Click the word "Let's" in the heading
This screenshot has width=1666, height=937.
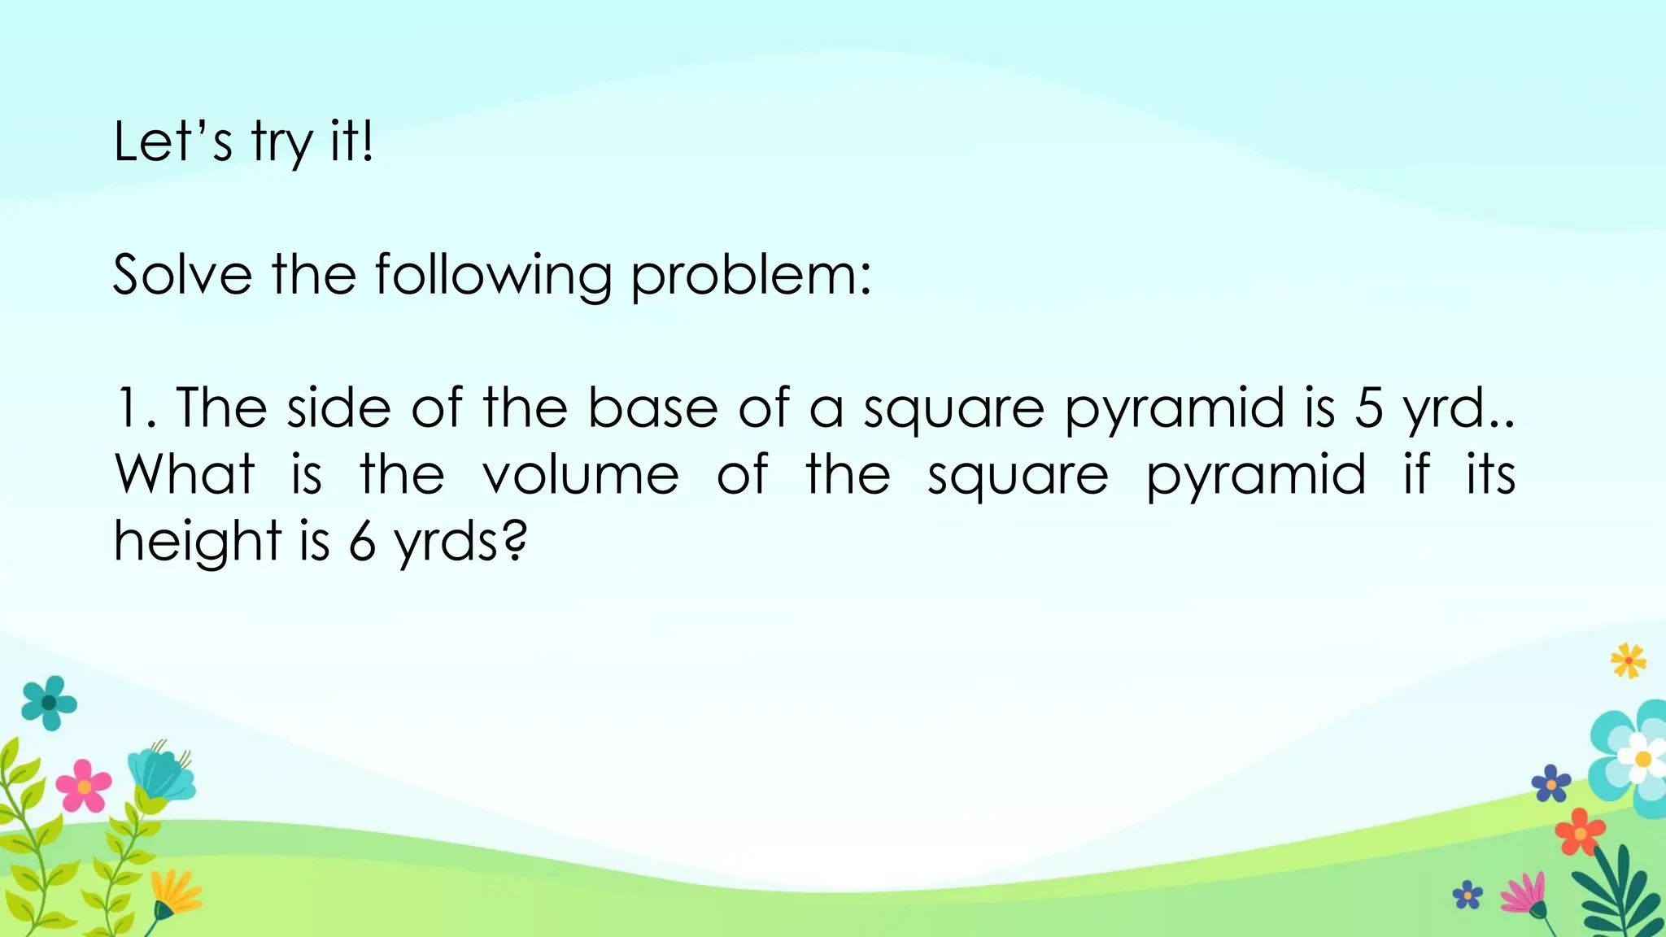172,142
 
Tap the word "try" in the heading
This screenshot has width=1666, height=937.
281,144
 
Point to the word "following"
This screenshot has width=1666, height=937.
492,277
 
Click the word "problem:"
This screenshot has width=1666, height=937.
750,277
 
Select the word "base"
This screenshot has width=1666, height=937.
652,407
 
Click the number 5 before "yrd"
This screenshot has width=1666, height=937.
1368,408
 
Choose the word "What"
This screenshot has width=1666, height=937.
185,474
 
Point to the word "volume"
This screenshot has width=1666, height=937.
580,474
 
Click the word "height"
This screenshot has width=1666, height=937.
197,542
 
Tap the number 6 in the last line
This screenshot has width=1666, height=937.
362,542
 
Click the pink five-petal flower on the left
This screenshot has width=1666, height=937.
83,785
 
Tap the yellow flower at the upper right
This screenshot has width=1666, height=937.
1628,660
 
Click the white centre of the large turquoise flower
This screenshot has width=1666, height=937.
1642,758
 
